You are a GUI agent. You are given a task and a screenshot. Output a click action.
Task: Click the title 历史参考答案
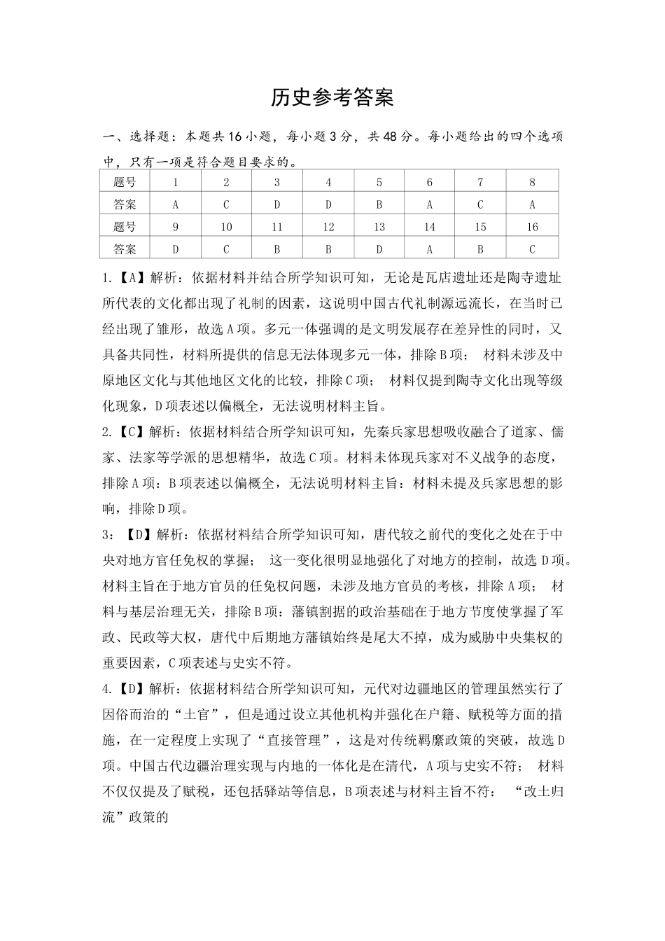pos(332,98)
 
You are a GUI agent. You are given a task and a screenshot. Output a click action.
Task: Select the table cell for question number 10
pos(226,227)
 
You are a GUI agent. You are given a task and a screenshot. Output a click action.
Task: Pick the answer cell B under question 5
pos(379,204)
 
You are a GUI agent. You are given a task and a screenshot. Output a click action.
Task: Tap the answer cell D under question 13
pos(379,249)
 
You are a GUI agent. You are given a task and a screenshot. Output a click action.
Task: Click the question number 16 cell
pos(532,227)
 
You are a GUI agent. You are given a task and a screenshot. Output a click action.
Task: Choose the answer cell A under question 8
pos(532,204)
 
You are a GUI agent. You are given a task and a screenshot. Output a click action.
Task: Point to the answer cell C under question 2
pos(226,204)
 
